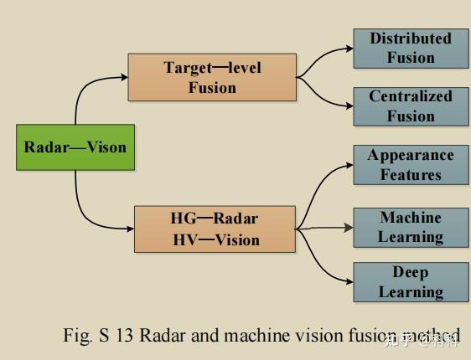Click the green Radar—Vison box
click(75, 148)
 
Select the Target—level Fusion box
click(212, 77)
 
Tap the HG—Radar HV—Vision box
click(215, 229)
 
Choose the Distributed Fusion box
click(411, 48)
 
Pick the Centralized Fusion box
click(411, 106)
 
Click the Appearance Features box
click(411, 165)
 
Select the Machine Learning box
click(411, 227)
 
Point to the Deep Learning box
click(411, 282)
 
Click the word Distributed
click(411, 39)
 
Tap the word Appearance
click(411, 156)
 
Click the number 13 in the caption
click(126, 336)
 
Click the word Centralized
click(411, 97)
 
